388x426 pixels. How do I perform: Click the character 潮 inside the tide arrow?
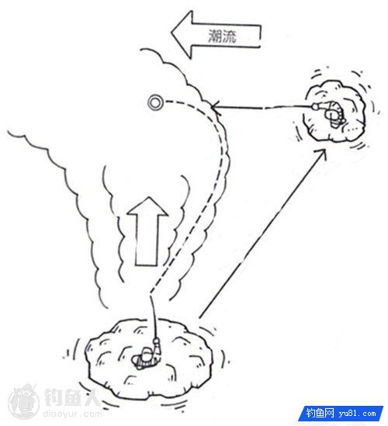tap(215, 36)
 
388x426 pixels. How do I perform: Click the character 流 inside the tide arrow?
tap(230, 36)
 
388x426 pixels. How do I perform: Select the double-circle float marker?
tap(155, 102)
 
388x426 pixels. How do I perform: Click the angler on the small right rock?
tap(332, 113)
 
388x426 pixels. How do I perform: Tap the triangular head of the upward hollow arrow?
tap(147, 206)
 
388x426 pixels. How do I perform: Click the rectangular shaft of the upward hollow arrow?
tap(146, 241)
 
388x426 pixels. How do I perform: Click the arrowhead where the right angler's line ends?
tap(215, 107)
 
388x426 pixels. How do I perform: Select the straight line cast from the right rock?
tap(262, 107)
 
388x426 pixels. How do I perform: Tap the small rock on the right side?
tap(334, 111)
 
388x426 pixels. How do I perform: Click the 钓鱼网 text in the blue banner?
tap(320, 414)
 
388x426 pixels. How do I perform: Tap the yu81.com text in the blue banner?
tap(357, 414)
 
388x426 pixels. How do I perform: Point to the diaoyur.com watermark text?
tap(72, 414)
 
